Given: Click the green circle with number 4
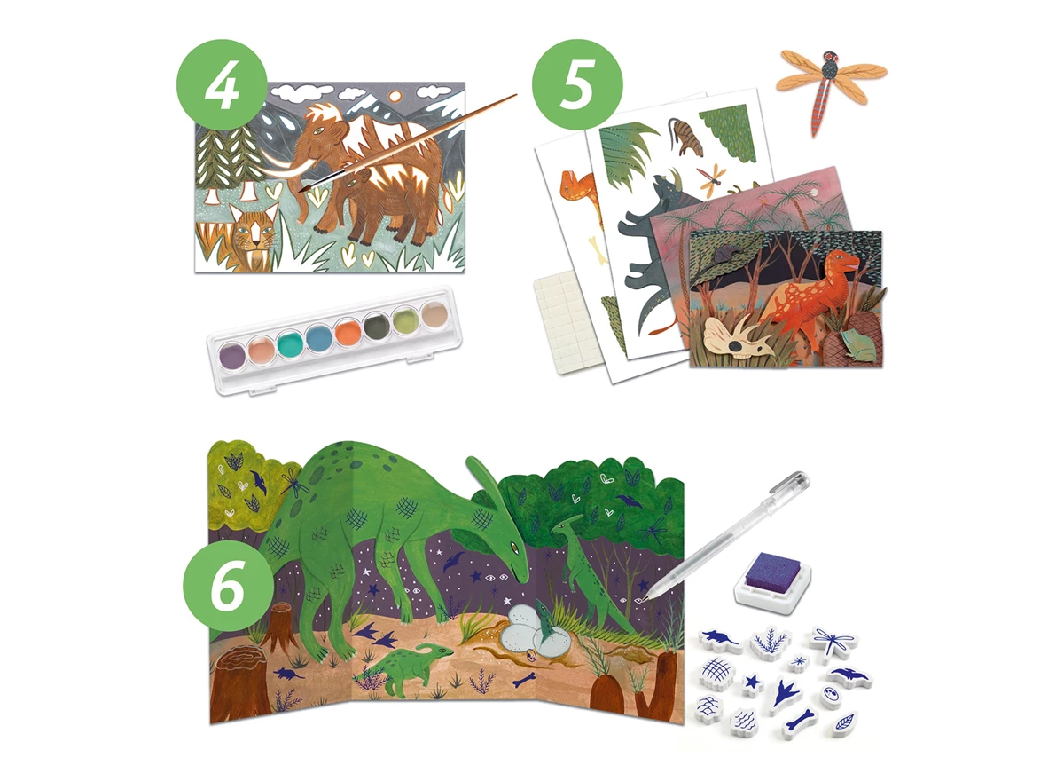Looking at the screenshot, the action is click(x=222, y=84).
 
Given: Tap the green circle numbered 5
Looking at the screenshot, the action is click(x=577, y=84).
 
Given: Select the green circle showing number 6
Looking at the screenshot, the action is click(x=229, y=586).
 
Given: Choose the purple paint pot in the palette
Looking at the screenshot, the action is click(x=232, y=355).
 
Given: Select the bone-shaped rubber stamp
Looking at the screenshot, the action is click(x=801, y=722).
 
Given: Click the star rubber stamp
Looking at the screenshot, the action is click(x=753, y=683).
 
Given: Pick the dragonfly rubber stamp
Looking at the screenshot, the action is click(x=833, y=642).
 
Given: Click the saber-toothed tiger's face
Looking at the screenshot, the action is click(x=254, y=231).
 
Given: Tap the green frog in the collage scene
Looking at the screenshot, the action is click(x=858, y=344).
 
